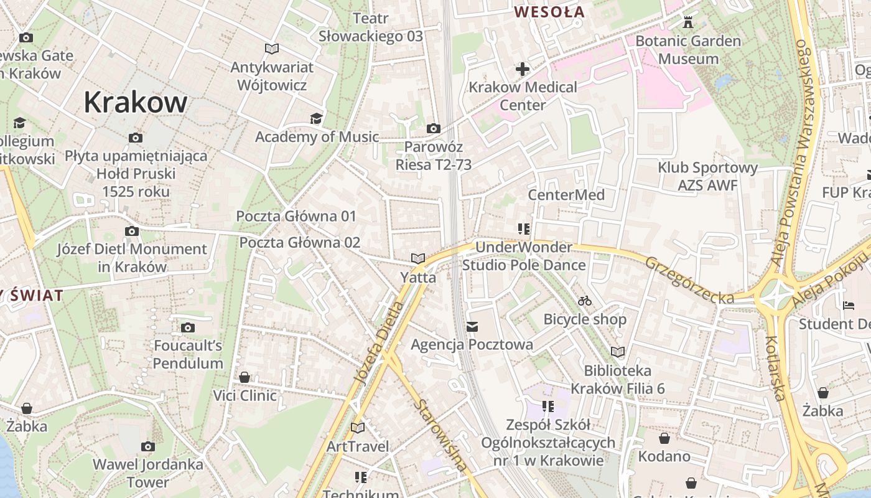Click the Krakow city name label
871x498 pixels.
pyautogui.click(x=135, y=102)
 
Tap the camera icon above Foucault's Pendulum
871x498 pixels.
pyautogui.click(x=188, y=327)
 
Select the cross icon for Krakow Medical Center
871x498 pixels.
pyautogui.click(x=523, y=68)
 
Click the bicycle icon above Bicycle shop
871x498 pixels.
pyautogui.click(x=585, y=301)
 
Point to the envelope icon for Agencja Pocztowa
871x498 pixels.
pyautogui.click(x=472, y=327)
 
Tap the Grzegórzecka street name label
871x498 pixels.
pyautogui.click(x=689, y=281)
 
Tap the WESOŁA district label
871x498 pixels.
pyautogui.click(x=550, y=12)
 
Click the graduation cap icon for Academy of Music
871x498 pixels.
pyautogui.click(x=317, y=118)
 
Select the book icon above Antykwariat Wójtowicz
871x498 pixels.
pyautogui.click(x=271, y=49)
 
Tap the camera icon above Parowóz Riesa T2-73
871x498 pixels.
pyautogui.click(x=434, y=129)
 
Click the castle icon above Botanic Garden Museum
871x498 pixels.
pyautogui.click(x=688, y=22)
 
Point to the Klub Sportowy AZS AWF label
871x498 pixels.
pyautogui.click(x=708, y=176)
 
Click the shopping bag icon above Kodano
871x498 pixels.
pyautogui.click(x=664, y=438)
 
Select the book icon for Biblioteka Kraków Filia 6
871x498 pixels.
pyautogui.click(x=618, y=352)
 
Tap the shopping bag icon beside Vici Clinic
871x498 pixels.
pyautogui.click(x=245, y=377)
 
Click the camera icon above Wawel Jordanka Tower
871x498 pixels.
pyautogui.click(x=148, y=446)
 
